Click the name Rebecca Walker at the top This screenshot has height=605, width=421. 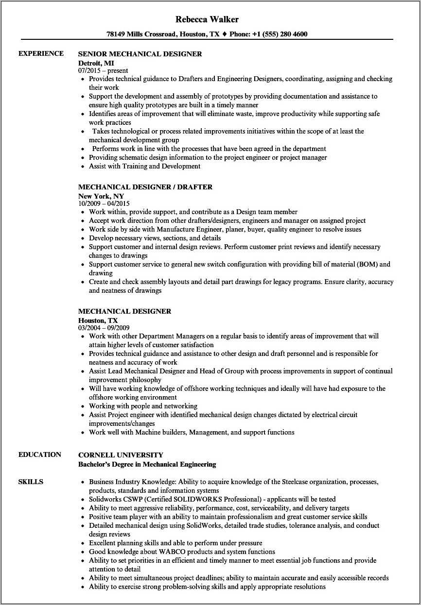coord(207,19)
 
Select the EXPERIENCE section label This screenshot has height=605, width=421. coord(41,53)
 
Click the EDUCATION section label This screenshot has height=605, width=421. coord(40,454)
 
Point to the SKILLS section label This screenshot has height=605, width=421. coord(31,482)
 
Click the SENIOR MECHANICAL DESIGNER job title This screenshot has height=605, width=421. coord(140,54)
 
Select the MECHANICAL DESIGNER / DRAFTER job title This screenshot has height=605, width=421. coord(145,187)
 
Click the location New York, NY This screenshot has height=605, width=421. coord(101,196)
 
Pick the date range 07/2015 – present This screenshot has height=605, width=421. coord(103,70)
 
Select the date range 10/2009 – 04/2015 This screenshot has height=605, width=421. coord(104,203)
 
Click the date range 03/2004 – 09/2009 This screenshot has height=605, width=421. coord(104,328)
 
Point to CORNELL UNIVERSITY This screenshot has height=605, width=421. coord(121,455)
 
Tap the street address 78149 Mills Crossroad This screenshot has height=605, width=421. coord(141,34)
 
